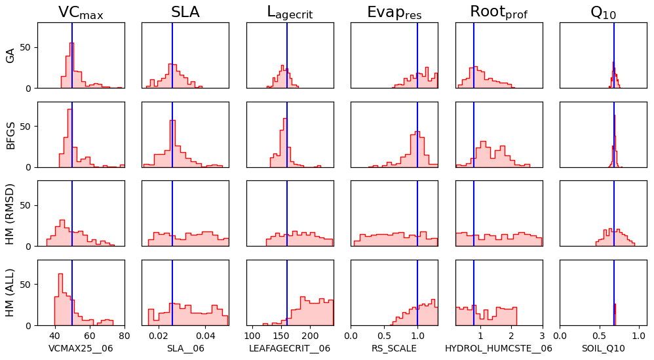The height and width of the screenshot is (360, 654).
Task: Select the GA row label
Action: click(10, 56)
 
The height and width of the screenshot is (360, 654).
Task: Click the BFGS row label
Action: click(10, 134)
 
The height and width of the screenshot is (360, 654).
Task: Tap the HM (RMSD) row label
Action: click(10, 213)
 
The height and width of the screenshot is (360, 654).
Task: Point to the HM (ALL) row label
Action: click(10, 292)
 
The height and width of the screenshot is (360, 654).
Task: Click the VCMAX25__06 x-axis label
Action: click(81, 348)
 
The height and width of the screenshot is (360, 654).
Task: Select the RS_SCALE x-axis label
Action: click(394, 348)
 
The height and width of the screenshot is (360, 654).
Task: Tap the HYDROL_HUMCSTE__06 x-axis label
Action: click(499, 348)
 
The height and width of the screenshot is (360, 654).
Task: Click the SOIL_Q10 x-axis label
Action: click(603, 348)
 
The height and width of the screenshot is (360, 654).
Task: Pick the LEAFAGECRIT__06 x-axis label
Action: click(290, 348)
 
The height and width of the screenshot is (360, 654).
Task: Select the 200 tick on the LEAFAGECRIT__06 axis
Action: click(310, 334)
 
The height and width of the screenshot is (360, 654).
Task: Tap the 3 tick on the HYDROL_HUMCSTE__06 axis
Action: click(542, 334)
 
